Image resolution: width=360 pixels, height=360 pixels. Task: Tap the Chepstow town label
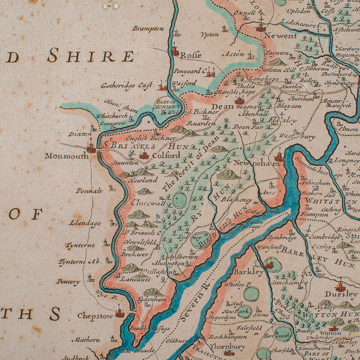pyautogui.click(x=95, y=315)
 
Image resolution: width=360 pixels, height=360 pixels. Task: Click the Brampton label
pyautogui.click(x=148, y=28)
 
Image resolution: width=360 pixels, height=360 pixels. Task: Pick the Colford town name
pyautogui.click(x=165, y=155)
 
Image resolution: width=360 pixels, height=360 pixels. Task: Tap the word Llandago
pyautogui.click(x=85, y=223)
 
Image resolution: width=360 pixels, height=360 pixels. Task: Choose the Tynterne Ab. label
pyautogui.click(x=79, y=262)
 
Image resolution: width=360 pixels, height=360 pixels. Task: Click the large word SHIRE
pyautogui.click(x=91, y=56)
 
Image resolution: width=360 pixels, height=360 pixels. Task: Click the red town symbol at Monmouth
pyautogui.click(x=91, y=147)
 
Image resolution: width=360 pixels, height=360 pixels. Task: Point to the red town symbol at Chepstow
pyautogui.click(x=119, y=313)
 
